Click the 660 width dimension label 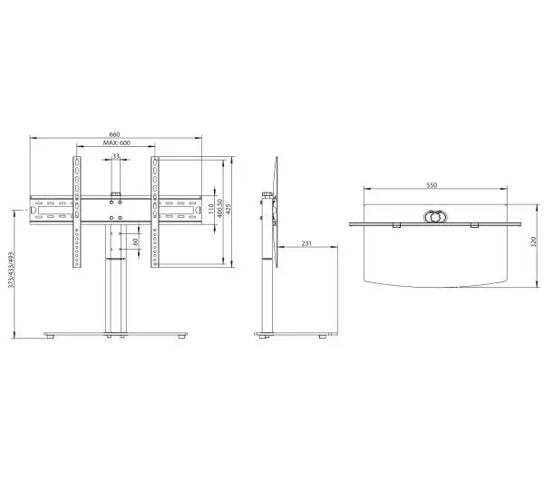tap(115, 134)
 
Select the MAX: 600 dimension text tap(115, 144)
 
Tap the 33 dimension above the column tap(115, 156)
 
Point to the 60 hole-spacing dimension tap(135, 241)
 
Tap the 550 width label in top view tap(432, 185)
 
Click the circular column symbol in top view tap(432, 218)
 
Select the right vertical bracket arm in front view tap(156, 214)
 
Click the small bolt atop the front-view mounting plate tap(115, 192)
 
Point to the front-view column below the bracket tap(115, 295)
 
